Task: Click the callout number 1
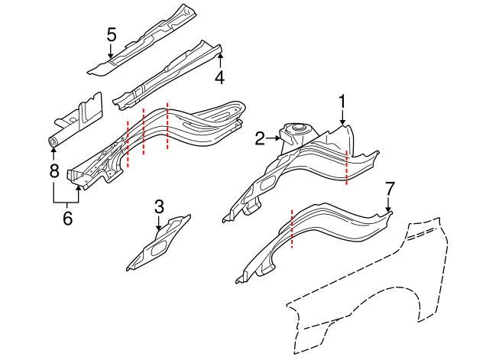click(x=343, y=101)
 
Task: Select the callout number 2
click(x=260, y=138)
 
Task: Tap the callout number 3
click(x=159, y=206)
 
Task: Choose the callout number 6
click(x=66, y=219)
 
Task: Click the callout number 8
click(x=53, y=170)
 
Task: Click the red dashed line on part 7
click(x=292, y=229)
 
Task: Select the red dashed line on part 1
click(x=347, y=167)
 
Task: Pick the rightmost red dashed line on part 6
click(x=167, y=126)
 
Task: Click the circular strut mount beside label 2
click(x=296, y=131)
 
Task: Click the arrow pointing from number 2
click(x=273, y=138)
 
